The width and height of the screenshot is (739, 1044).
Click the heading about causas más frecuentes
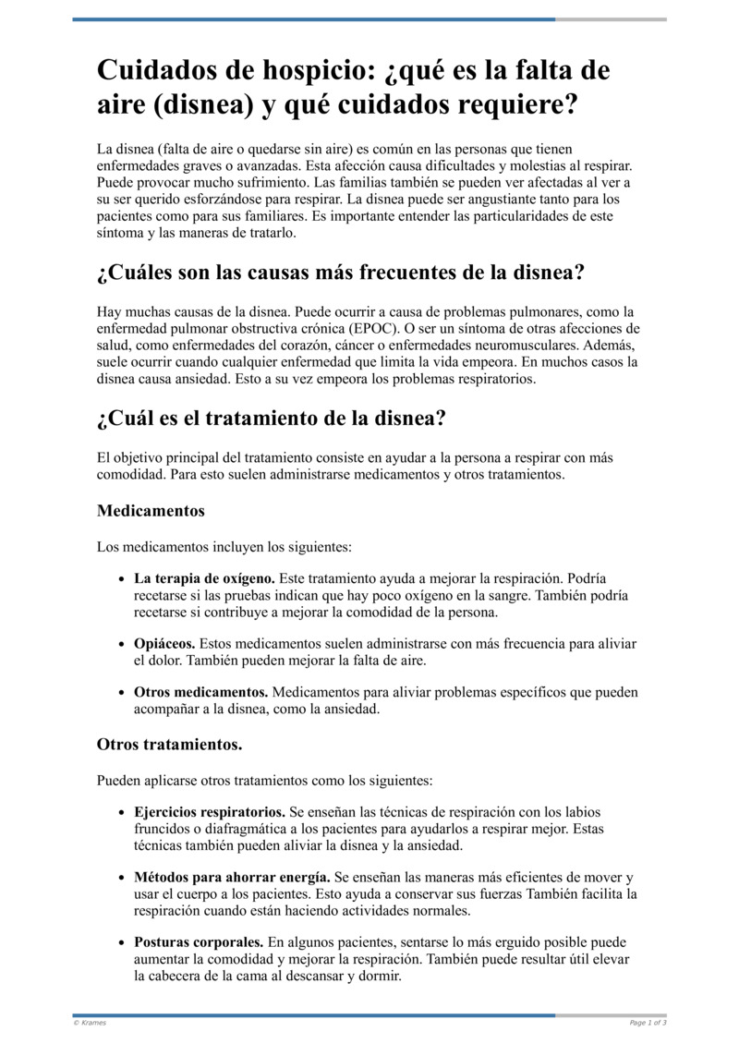tap(341, 273)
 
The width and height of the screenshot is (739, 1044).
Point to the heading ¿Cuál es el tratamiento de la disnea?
tap(272, 419)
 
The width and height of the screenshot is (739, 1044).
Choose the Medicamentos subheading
tap(151, 510)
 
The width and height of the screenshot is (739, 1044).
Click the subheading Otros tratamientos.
tap(170, 744)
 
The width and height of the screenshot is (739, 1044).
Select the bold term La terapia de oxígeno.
tap(204, 578)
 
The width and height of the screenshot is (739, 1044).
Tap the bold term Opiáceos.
tap(164, 643)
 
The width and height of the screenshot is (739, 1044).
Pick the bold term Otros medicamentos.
tap(201, 692)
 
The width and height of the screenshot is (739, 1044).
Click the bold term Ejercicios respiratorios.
tap(210, 812)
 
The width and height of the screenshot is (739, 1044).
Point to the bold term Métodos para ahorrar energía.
tap(232, 877)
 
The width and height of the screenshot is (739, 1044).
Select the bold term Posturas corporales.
tap(199, 942)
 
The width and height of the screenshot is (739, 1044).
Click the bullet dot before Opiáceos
tap(122, 644)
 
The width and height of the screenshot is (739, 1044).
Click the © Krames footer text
tap(90, 1023)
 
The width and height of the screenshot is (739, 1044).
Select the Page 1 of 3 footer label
tap(648, 1023)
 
